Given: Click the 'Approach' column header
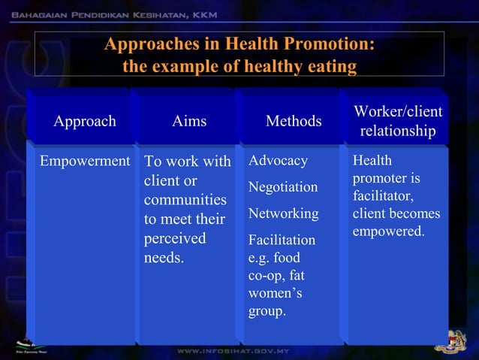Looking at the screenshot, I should (x=84, y=121).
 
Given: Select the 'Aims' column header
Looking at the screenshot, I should (x=188, y=121).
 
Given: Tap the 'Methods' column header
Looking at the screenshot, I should (x=294, y=122).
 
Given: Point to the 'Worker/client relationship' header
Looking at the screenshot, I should (x=398, y=121).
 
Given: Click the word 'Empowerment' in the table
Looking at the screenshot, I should (x=85, y=161).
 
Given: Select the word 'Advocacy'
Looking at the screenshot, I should (x=278, y=161).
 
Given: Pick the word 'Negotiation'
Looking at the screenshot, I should (x=283, y=186).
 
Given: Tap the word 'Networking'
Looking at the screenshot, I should (x=283, y=213).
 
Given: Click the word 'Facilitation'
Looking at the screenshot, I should (x=282, y=241).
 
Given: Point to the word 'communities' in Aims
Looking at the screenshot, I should (x=185, y=201).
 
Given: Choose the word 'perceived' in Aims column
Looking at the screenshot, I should (x=175, y=239).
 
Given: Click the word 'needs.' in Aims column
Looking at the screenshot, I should (x=163, y=259).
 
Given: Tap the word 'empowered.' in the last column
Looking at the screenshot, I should (x=388, y=231).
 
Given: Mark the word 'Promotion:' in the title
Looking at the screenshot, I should (x=333, y=44).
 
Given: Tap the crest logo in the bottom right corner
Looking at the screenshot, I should (x=455, y=339).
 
